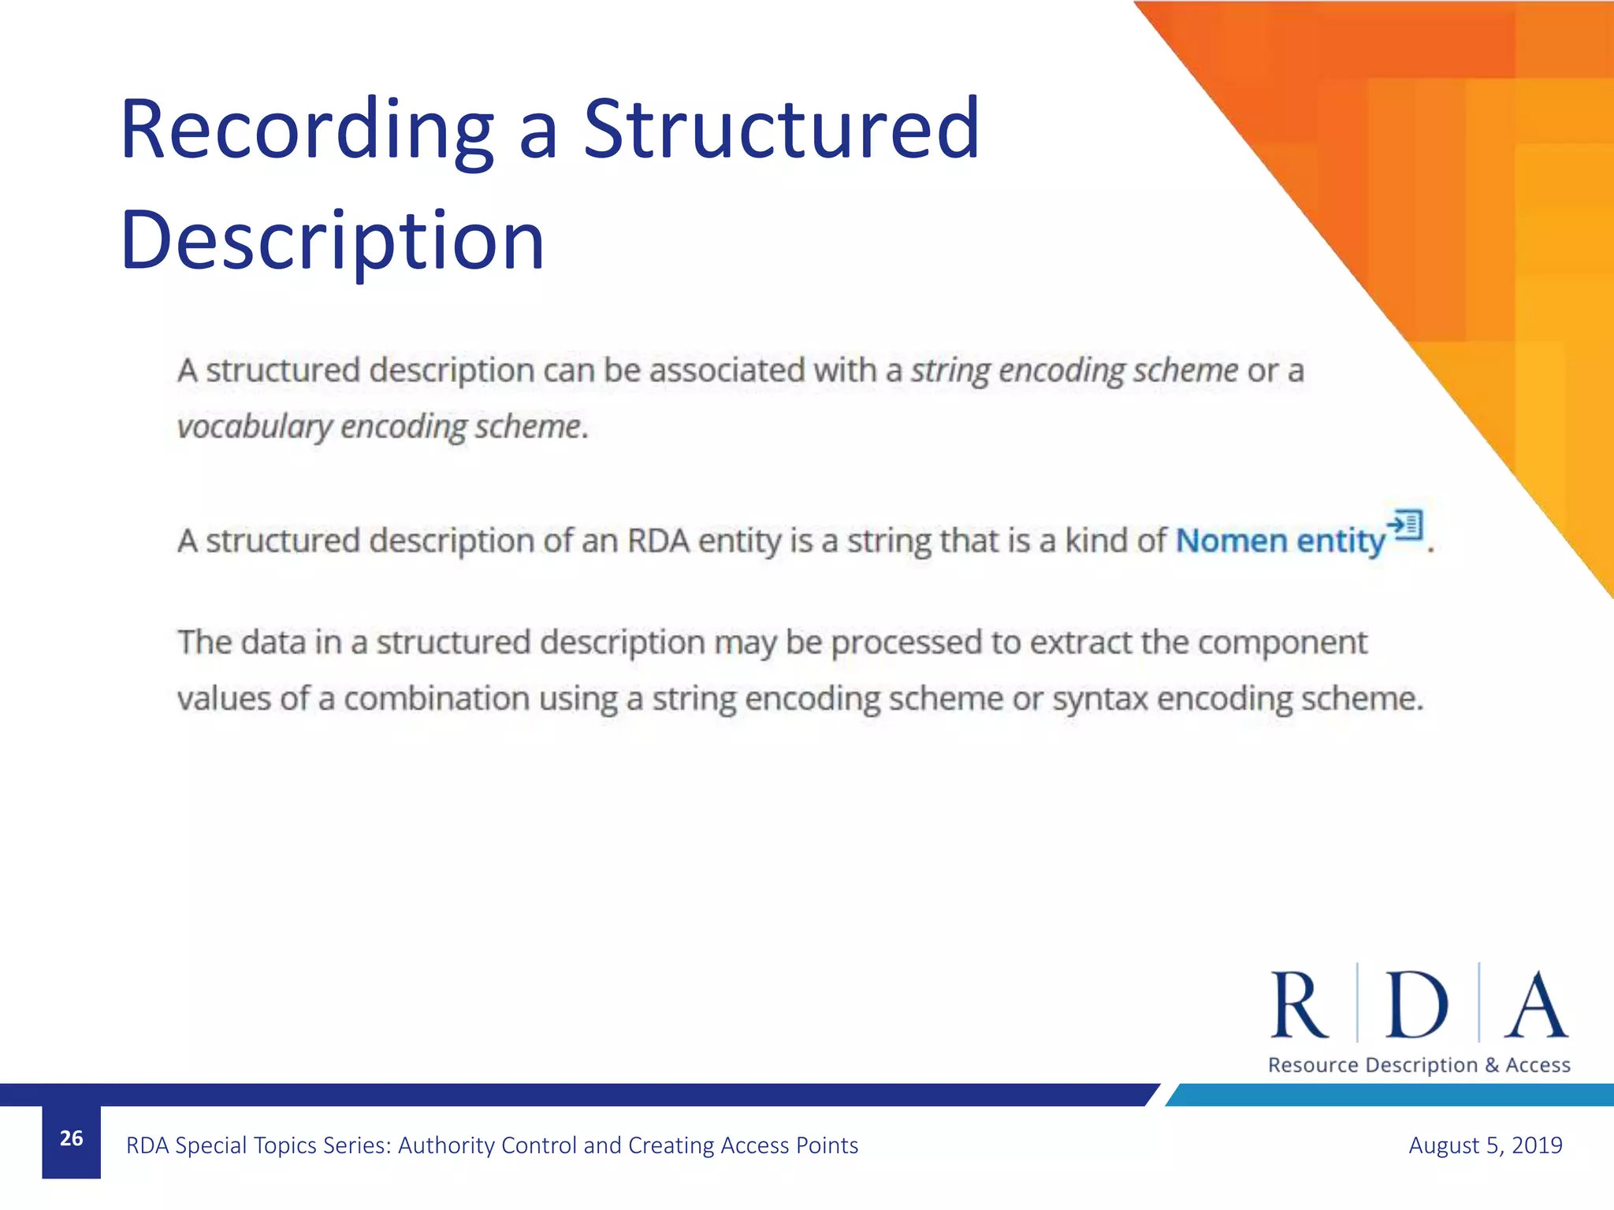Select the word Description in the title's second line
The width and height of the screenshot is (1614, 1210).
click(332, 239)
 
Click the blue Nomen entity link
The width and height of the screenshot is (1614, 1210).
click(1280, 541)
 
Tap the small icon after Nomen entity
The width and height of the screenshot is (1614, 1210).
click(1406, 525)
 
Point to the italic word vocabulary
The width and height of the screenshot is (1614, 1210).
click(255, 427)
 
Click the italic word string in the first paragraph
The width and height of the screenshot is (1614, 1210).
click(950, 370)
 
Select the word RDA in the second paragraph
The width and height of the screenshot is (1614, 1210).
click(657, 541)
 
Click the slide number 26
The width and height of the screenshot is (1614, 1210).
click(71, 1138)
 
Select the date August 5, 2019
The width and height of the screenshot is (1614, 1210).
click(1485, 1145)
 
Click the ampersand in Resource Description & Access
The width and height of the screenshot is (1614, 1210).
click(1492, 1065)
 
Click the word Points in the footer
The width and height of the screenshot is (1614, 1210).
click(827, 1145)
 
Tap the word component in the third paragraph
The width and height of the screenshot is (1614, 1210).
click(1282, 643)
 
